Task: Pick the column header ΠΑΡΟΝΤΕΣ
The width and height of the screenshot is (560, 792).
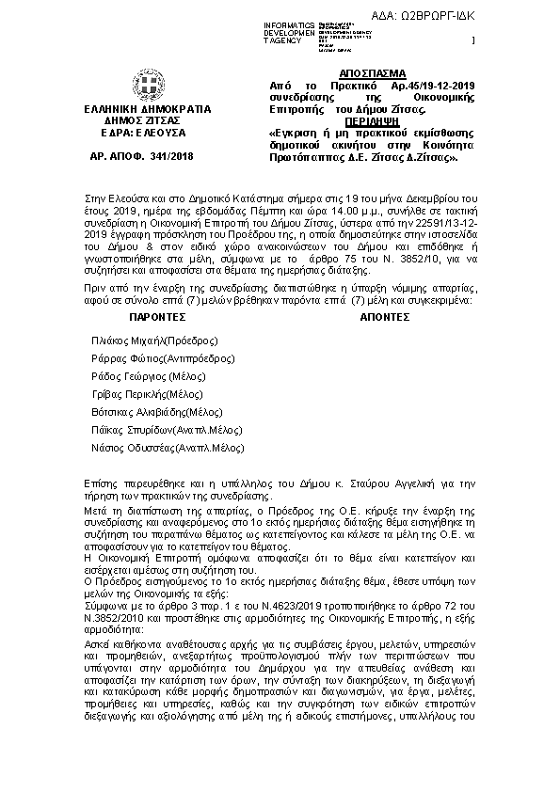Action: click(x=160, y=317)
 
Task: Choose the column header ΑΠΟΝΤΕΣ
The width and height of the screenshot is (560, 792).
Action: click(x=384, y=317)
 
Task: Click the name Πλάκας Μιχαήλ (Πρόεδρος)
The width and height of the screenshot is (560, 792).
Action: click(x=154, y=340)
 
